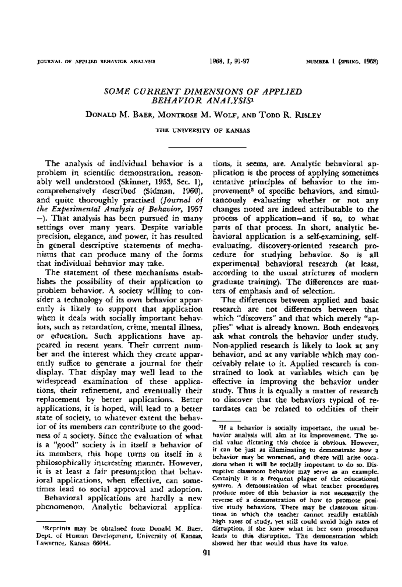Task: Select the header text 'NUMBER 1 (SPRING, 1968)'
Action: [341, 62]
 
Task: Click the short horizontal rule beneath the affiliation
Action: [207, 147]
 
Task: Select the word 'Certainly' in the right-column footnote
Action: [227, 478]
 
